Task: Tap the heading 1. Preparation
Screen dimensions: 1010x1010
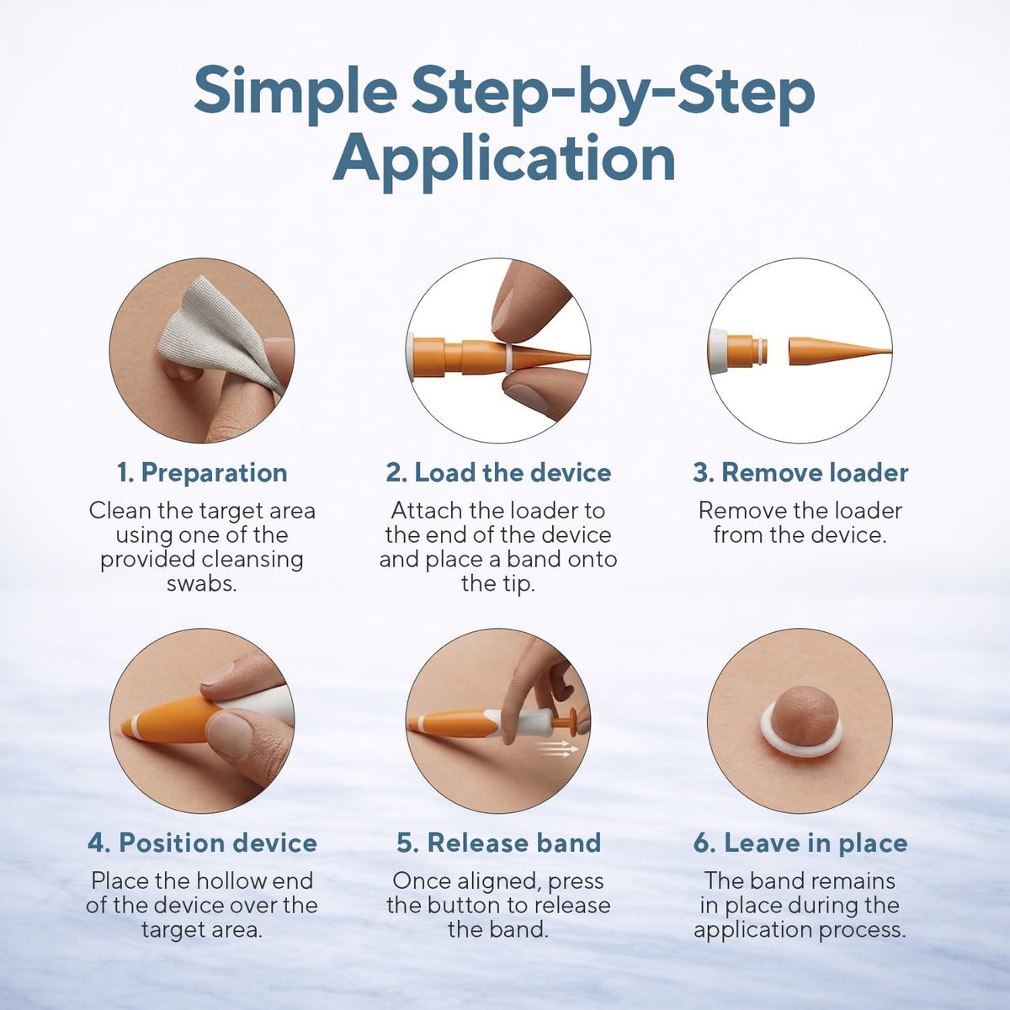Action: (x=202, y=472)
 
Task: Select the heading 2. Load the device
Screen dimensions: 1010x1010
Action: (x=498, y=472)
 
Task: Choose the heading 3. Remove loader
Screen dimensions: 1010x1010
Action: (x=800, y=472)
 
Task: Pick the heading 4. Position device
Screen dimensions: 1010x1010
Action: (x=202, y=843)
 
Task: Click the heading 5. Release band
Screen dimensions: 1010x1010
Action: (x=498, y=843)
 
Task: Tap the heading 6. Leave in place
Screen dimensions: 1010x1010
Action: (x=800, y=843)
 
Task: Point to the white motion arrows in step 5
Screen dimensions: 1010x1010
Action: (x=559, y=748)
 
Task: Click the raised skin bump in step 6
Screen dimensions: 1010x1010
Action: (x=800, y=714)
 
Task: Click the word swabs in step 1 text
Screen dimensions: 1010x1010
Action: (x=202, y=583)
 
